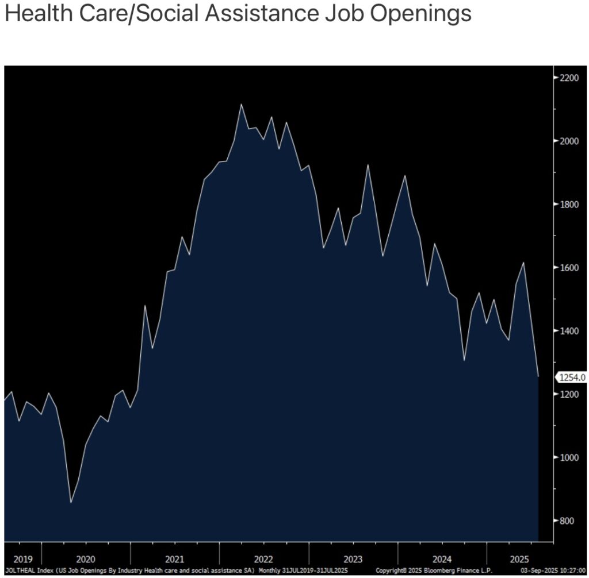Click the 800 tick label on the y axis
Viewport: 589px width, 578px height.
click(568, 521)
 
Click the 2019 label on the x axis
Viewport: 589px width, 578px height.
click(23, 559)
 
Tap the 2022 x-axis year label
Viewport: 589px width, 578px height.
click(263, 559)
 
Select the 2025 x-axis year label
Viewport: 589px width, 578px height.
click(519, 559)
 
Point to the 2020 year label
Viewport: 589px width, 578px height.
click(86, 559)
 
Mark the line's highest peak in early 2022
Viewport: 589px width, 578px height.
click(241, 105)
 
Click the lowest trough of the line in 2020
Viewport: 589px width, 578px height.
click(71, 502)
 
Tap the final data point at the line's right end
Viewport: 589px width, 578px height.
click(538, 376)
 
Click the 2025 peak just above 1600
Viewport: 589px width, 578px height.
click(523, 263)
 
